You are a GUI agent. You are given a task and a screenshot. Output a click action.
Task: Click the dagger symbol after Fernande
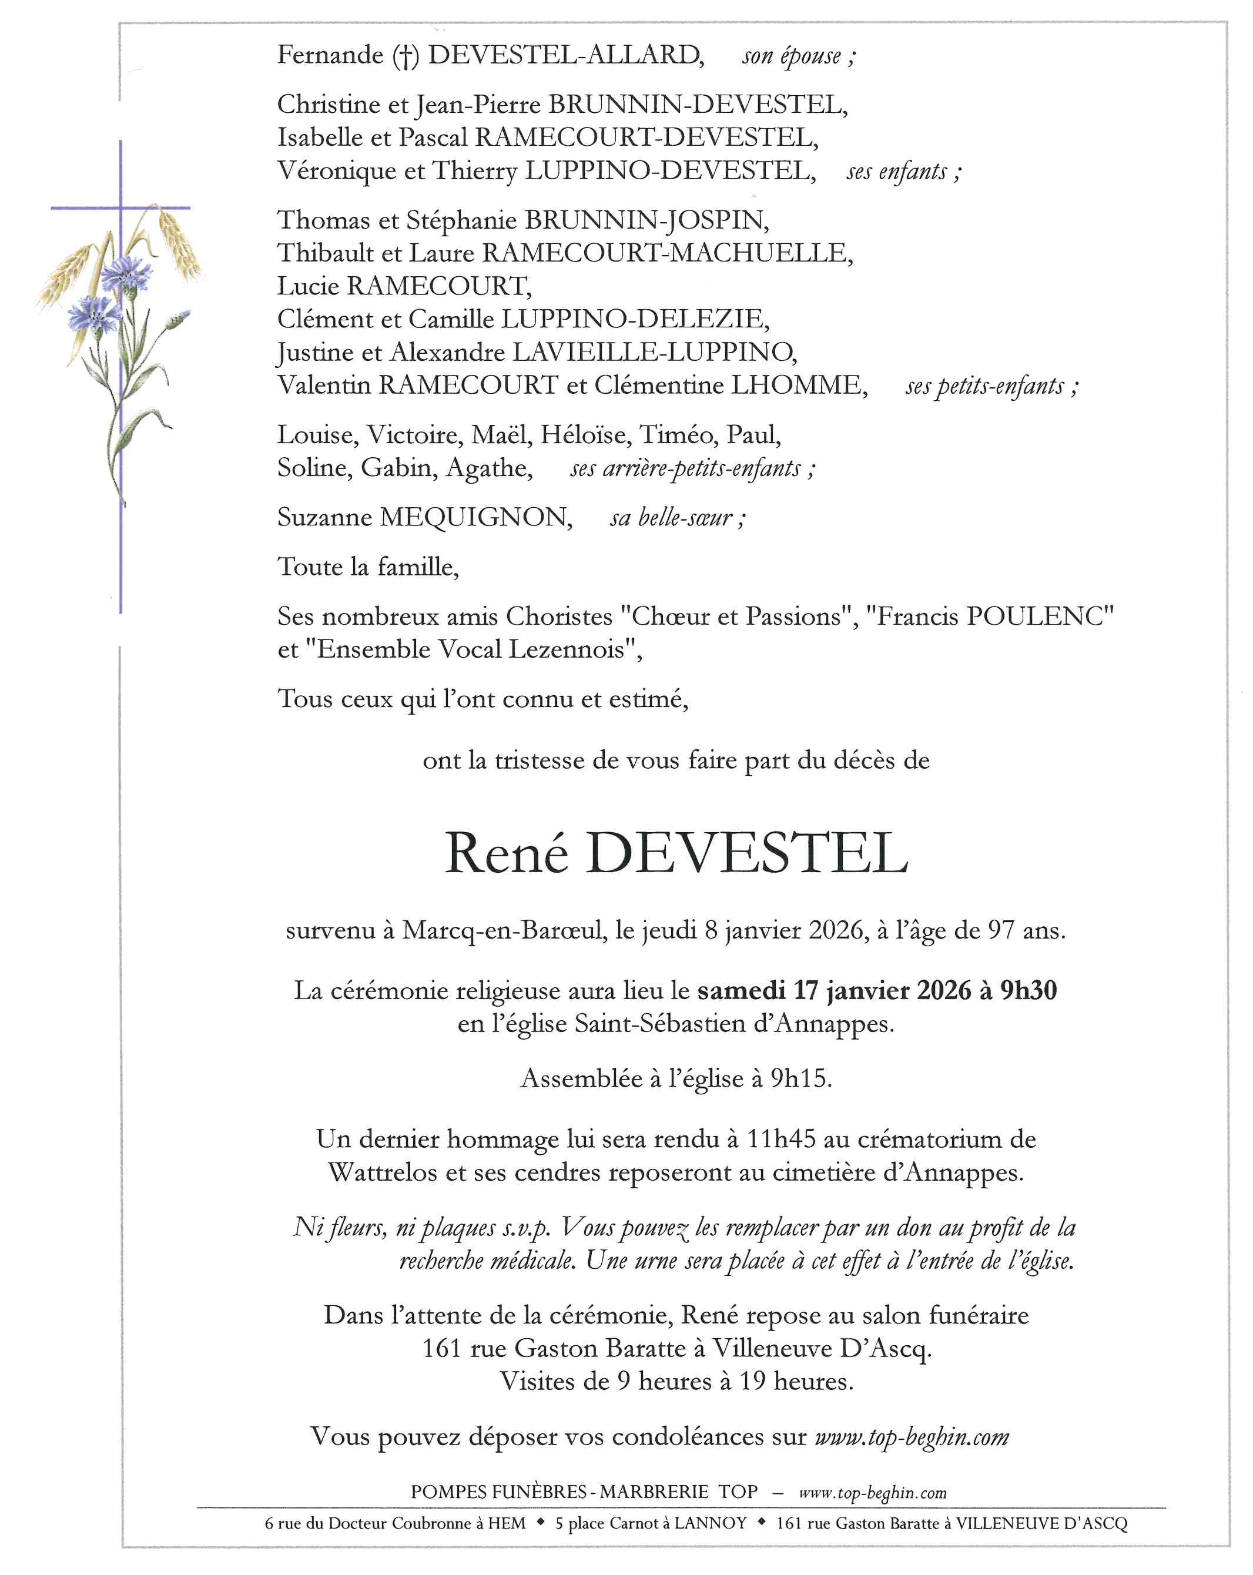pos(406,56)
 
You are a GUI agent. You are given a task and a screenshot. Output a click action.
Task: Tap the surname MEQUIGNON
pos(475,517)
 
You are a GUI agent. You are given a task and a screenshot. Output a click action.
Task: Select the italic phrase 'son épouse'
pos(792,56)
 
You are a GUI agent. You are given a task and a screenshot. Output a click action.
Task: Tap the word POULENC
pos(1040,616)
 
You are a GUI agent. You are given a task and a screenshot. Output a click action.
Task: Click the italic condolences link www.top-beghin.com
pos(912,1436)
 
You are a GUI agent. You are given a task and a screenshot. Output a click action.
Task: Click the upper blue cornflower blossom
pos(126,274)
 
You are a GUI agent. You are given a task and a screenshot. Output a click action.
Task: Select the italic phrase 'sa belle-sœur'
pos(671,518)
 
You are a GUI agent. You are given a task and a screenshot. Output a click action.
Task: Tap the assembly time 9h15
pos(800,1078)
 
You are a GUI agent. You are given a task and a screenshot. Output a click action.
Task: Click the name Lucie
pos(307,286)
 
